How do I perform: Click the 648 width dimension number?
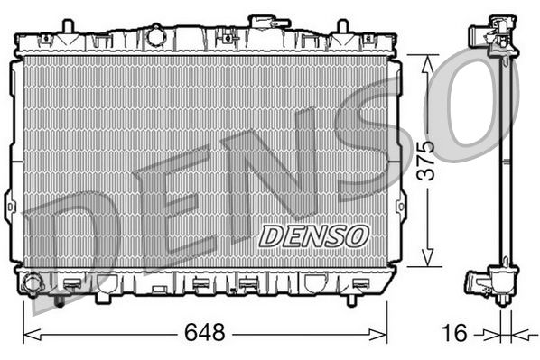tap(203, 333)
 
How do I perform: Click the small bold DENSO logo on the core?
tap(314, 235)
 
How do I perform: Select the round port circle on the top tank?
tap(156, 37)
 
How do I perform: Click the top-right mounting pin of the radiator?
tap(343, 24)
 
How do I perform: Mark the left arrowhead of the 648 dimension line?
tap(27, 334)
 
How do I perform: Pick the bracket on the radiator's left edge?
tap(10, 206)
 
